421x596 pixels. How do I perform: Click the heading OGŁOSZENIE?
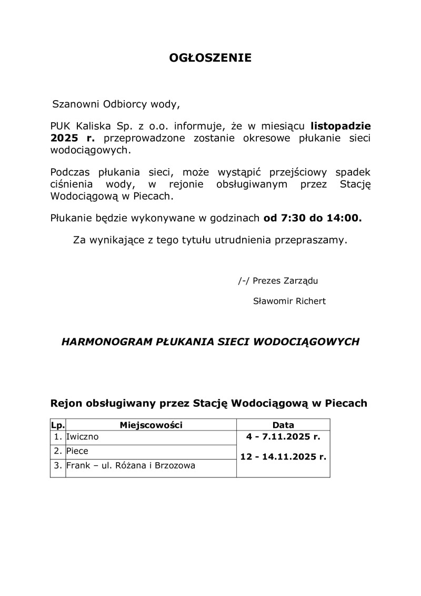210,58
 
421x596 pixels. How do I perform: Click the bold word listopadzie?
340,126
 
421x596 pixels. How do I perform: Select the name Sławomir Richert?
289,301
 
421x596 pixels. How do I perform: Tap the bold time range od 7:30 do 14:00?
313,218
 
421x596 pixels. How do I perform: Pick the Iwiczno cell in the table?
82,437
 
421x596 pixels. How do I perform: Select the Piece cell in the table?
77,451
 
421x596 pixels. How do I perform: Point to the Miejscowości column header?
151,425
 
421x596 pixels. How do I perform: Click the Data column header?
283,425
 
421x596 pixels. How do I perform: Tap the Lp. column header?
57,425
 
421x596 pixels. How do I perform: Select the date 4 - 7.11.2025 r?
283,437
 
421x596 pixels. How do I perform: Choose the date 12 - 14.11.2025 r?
283,457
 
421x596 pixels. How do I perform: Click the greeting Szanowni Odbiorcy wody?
116,104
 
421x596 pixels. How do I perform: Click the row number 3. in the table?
58,466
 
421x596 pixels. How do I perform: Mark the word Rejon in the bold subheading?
66,404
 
